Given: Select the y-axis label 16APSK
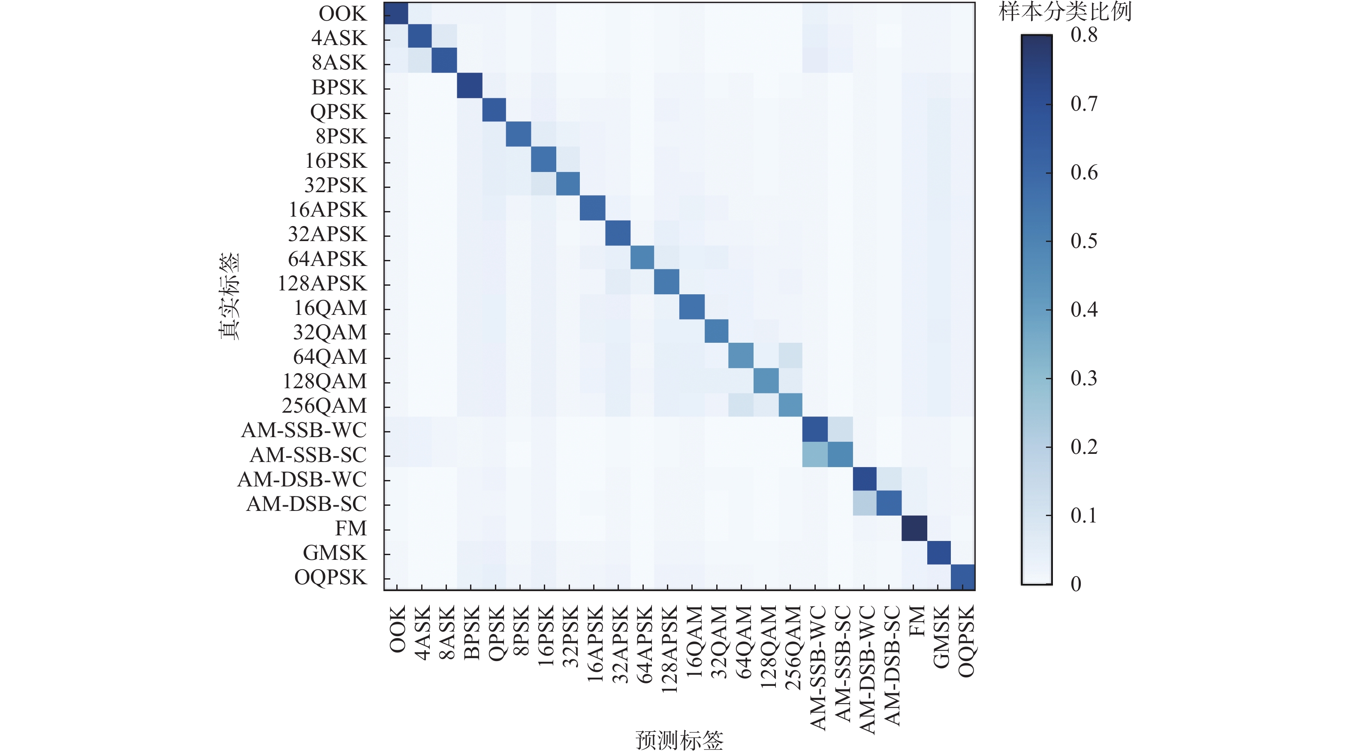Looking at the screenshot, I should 327,210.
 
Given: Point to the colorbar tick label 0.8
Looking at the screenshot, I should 1083,35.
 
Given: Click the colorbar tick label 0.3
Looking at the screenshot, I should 1083,378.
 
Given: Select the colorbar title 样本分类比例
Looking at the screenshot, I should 1065,12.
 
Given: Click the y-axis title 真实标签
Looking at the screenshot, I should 229,296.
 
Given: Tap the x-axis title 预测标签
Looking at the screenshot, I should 679,740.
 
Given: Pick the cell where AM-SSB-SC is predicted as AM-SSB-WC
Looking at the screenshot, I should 815,454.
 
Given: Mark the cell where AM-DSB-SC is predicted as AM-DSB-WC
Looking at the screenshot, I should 864,504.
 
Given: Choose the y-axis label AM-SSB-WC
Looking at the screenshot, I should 304,430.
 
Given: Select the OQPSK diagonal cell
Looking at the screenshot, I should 963,577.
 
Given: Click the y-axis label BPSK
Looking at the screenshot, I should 339,87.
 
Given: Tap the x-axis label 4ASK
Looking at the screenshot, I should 422,632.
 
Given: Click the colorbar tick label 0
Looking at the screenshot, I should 1076,584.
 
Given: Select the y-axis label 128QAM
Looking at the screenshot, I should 325,381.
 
